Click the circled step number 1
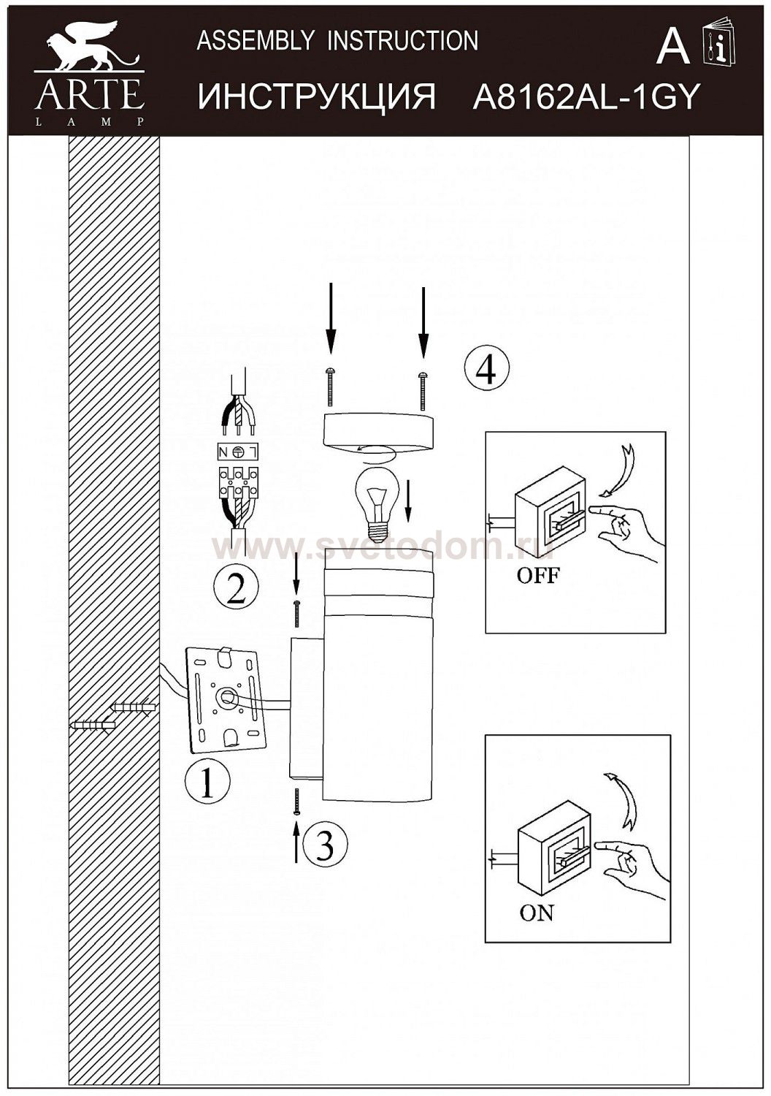pyautogui.click(x=207, y=782)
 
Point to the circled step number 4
pyautogui.click(x=486, y=369)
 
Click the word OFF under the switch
pyautogui.click(x=537, y=576)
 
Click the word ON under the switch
pyautogui.click(x=537, y=912)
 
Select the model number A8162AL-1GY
pyautogui.click(x=586, y=97)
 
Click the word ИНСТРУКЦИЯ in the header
pyautogui.click(x=317, y=97)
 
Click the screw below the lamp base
pyautogui.click(x=297, y=802)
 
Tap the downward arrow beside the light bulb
pyautogui.click(x=408, y=501)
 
